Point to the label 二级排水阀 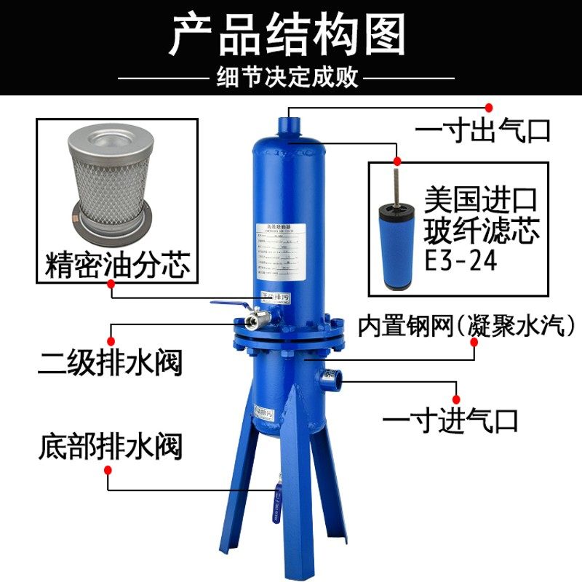pyautogui.click(x=110, y=362)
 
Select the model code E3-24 pyautogui.click(x=462, y=259)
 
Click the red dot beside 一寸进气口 pyautogui.click(x=458, y=398)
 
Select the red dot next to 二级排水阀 pyautogui.click(x=111, y=339)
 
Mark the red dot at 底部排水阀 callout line pyautogui.click(x=108, y=470)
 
